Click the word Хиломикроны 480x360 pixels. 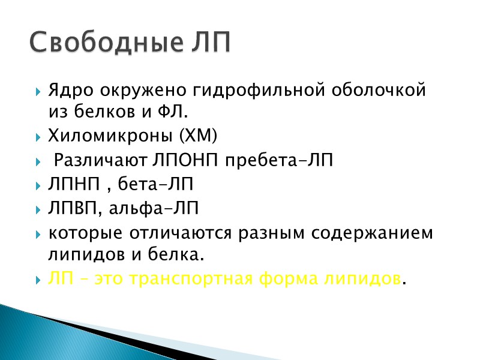[111, 137]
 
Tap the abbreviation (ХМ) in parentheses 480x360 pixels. [199, 137]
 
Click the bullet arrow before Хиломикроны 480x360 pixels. [39, 137]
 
